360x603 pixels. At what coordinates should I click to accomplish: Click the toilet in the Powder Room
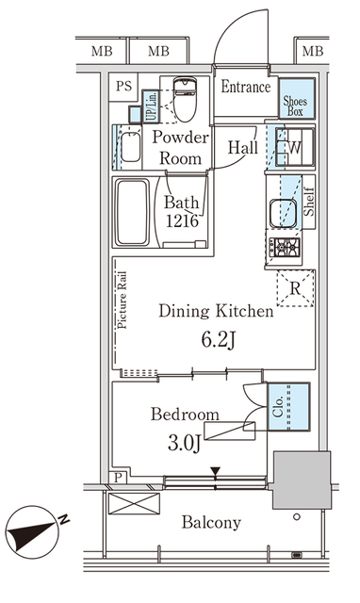tap(185, 99)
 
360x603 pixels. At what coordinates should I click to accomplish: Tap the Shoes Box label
tap(295, 106)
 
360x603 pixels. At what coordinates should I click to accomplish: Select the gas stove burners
tap(285, 247)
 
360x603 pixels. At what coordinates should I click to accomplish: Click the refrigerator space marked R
tap(295, 288)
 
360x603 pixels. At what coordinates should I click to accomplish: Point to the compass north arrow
tap(35, 531)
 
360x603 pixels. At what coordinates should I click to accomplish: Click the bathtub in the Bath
tap(132, 212)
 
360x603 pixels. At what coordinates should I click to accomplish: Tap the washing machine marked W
tap(295, 147)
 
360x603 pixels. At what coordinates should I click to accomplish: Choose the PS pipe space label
tap(123, 86)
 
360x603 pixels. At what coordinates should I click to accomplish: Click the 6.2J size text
tap(218, 340)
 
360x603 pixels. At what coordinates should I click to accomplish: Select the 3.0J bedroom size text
tap(184, 443)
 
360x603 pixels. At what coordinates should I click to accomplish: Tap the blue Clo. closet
tap(288, 406)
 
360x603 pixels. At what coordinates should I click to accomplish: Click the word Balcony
tap(211, 523)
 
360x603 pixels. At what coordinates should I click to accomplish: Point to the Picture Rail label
tap(123, 301)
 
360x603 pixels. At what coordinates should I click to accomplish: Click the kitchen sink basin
tap(283, 213)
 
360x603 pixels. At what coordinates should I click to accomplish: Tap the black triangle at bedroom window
tap(216, 471)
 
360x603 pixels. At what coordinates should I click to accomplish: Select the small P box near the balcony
tap(119, 478)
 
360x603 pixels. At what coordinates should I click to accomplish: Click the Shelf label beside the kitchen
tap(309, 202)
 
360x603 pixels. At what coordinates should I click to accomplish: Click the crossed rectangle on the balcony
tap(134, 503)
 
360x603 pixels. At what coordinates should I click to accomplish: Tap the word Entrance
tap(245, 87)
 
